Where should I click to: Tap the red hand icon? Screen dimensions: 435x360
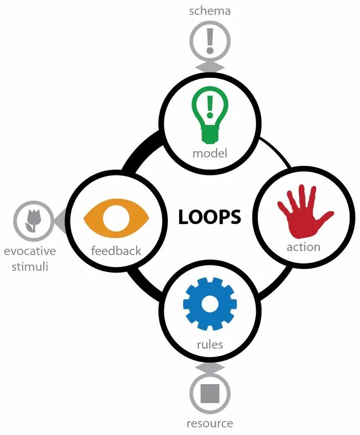tap(304, 210)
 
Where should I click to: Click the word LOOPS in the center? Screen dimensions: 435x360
tap(210, 217)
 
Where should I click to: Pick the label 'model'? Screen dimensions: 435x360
tap(210, 153)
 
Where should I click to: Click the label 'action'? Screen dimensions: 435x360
tap(304, 247)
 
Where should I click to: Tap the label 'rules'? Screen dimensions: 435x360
tap(210, 344)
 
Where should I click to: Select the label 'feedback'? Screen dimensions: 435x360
tap(116, 251)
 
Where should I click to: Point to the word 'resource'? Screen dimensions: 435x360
tap(210, 423)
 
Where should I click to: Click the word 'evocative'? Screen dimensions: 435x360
tap(30, 252)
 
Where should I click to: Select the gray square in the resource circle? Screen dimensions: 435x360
tap(210, 392)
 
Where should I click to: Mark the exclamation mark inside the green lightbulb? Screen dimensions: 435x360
tap(210, 107)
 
